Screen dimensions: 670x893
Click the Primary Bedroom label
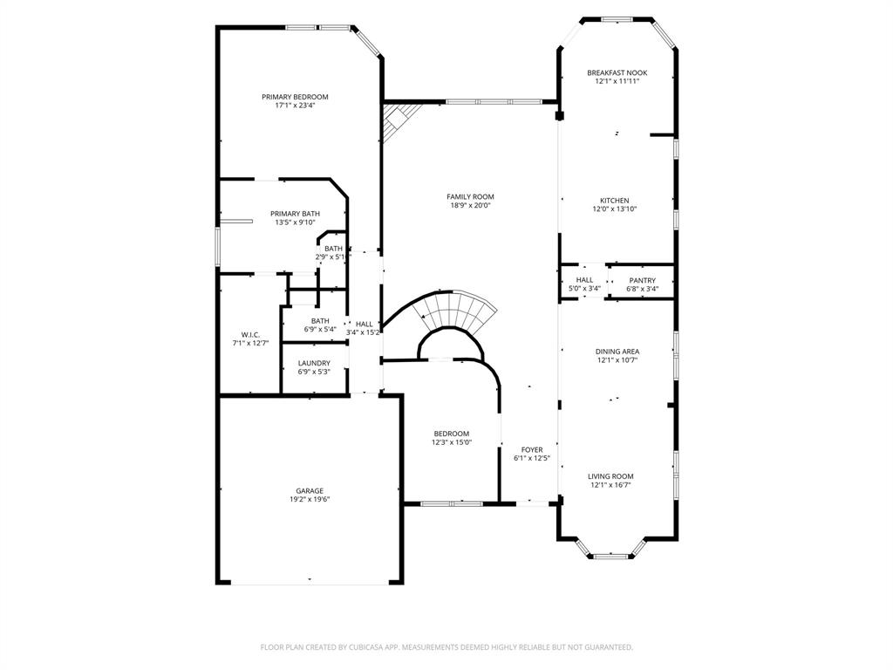click(295, 97)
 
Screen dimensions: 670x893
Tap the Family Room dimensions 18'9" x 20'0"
click(470, 206)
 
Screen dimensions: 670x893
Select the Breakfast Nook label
click(617, 72)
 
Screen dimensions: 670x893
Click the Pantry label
click(642, 280)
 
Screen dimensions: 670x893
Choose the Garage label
click(309, 490)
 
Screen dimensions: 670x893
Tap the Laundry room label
click(314, 363)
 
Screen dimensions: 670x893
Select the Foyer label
click(531, 449)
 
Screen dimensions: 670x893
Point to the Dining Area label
click(617, 352)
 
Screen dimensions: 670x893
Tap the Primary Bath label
click(295, 214)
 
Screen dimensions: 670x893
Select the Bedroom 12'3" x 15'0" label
click(452, 434)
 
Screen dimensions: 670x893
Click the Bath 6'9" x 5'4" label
click(320, 321)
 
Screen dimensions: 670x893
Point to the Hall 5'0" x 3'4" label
click(584, 280)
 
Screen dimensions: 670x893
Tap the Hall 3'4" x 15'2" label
click(364, 324)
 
